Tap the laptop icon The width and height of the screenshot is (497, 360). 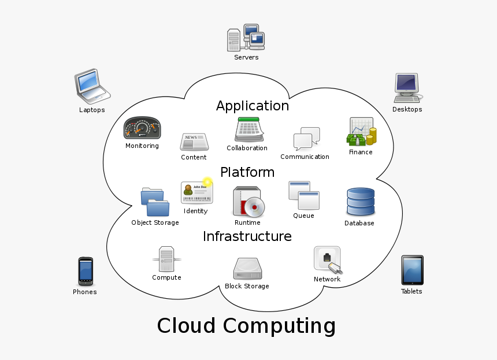(x=91, y=85)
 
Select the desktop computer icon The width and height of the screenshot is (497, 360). (x=407, y=87)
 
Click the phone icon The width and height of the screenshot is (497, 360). (x=85, y=271)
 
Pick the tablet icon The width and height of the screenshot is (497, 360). (x=412, y=270)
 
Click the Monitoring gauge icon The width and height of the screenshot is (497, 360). (x=142, y=128)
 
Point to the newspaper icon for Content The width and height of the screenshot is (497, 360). (x=194, y=142)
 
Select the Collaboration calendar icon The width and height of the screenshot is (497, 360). (x=248, y=129)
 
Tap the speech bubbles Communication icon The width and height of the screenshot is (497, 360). (x=306, y=139)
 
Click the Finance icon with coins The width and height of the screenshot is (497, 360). (x=362, y=132)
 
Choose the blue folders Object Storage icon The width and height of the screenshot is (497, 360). (x=155, y=202)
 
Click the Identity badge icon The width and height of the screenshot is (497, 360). (x=196, y=192)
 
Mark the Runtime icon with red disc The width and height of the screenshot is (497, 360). (x=248, y=202)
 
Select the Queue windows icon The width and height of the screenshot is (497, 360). (x=304, y=195)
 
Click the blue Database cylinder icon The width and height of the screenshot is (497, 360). (x=360, y=202)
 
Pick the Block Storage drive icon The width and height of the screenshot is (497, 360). (x=247, y=269)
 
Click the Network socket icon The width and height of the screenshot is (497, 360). (x=328, y=259)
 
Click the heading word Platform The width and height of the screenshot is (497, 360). (x=247, y=172)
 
